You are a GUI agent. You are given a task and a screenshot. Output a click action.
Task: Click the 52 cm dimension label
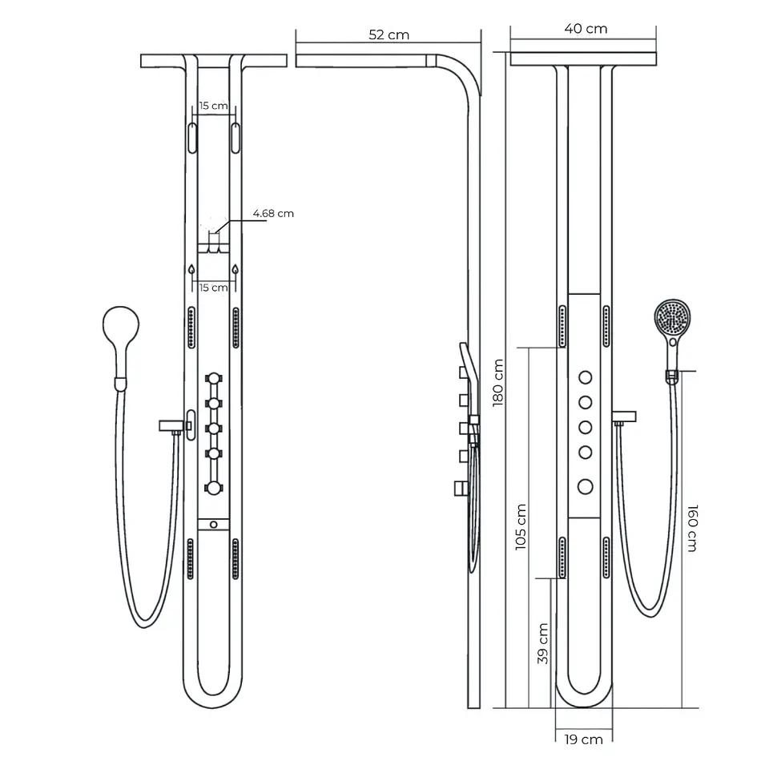[389, 34]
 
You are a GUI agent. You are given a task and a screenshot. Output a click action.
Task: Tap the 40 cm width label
[586, 29]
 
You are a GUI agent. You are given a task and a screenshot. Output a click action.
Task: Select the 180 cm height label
[497, 383]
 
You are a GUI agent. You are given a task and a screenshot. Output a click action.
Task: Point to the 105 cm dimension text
[521, 527]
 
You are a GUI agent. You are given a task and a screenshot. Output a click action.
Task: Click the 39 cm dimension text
[542, 643]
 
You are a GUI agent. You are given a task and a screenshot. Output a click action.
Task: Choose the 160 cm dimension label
[692, 528]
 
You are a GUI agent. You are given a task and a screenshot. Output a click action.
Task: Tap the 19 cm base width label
[583, 739]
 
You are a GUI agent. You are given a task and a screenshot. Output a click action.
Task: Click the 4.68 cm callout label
[273, 213]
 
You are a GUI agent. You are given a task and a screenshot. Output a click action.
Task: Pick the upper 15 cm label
[213, 106]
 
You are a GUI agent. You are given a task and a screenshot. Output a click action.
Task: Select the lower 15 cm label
[213, 288]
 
